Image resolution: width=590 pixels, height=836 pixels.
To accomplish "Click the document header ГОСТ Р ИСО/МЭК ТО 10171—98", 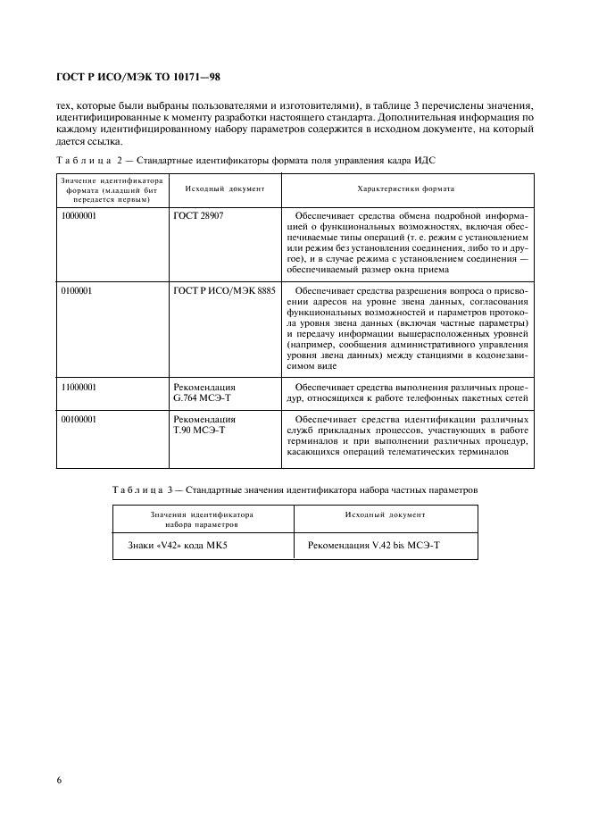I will [137, 78].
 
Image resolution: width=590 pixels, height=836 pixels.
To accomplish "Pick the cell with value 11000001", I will [79, 387].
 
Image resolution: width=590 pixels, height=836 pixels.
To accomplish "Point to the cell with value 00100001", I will [79, 417].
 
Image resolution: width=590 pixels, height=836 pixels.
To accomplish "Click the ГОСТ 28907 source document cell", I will [196, 216].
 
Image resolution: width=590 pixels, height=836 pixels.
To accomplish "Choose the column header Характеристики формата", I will [405, 189].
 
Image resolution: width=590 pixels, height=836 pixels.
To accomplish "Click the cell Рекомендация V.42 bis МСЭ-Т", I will [373, 544].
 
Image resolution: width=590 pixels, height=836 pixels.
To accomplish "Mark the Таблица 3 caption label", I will [148, 489].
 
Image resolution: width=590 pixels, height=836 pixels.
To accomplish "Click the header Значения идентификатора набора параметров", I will [203, 520].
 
